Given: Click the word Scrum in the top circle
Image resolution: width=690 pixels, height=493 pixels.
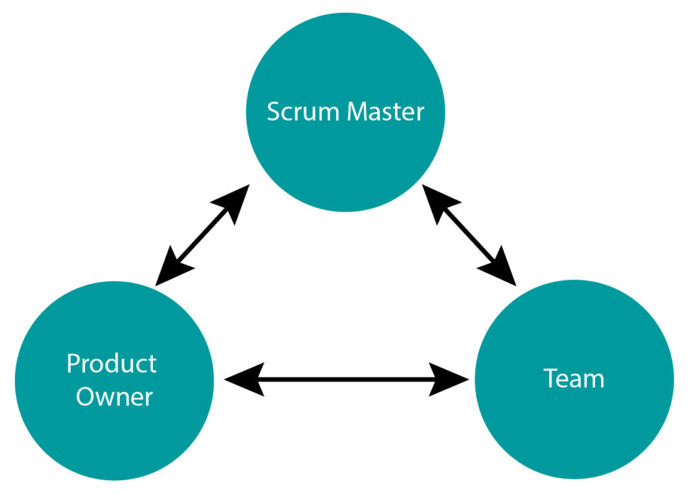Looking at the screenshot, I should click(303, 111).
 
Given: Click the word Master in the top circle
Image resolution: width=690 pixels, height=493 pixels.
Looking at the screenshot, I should click(385, 111).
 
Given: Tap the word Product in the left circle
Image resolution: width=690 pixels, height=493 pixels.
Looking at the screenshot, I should click(112, 364).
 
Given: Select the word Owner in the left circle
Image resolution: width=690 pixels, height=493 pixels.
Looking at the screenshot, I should click(114, 397).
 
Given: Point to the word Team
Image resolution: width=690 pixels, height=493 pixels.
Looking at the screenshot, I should click(573, 379).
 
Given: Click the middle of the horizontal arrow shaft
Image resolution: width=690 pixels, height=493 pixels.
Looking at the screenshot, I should click(347, 379).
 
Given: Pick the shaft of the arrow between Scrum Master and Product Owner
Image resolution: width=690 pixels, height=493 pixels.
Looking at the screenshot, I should click(201, 233).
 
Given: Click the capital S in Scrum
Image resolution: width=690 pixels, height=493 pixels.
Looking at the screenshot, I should click(273, 111).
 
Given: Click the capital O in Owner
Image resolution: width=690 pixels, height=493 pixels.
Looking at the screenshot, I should click(86, 397).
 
